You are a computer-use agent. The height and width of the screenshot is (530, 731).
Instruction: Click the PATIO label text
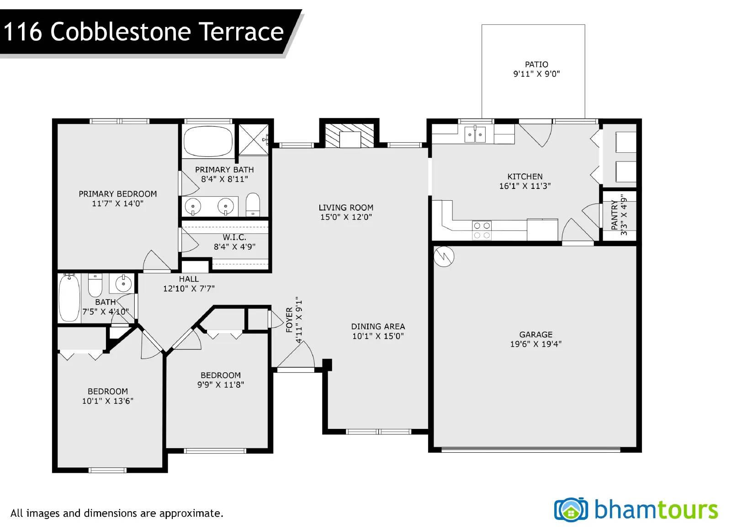[x=536, y=64]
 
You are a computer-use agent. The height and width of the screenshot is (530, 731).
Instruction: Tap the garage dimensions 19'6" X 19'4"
[x=536, y=344]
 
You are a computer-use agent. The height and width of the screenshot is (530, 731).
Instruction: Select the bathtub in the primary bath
[x=208, y=141]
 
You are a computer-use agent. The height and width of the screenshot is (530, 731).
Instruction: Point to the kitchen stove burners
[x=482, y=230]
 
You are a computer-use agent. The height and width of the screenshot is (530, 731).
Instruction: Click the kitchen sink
[x=475, y=134]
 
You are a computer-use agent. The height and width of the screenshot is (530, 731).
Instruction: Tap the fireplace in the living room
[x=350, y=135]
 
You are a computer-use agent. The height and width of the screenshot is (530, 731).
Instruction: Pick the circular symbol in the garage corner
[x=444, y=257]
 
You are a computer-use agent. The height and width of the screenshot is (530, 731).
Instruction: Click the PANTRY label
[x=614, y=215]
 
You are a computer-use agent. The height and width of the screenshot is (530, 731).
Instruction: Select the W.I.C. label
[x=234, y=237]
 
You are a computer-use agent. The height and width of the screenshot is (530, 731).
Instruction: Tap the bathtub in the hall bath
[x=69, y=298]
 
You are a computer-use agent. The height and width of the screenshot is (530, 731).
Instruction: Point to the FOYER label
[x=289, y=320]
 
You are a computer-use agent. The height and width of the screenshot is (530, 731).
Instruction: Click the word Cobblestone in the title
[x=121, y=32]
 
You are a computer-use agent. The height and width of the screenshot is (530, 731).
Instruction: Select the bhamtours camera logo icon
[x=571, y=510]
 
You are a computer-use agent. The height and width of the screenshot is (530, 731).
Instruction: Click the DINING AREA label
[x=378, y=327]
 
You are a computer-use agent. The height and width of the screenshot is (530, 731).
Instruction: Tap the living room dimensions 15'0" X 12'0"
[x=346, y=217]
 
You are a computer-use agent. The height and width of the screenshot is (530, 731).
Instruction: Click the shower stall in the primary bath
[x=254, y=139]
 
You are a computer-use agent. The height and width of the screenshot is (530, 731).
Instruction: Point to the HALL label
[x=189, y=279]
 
